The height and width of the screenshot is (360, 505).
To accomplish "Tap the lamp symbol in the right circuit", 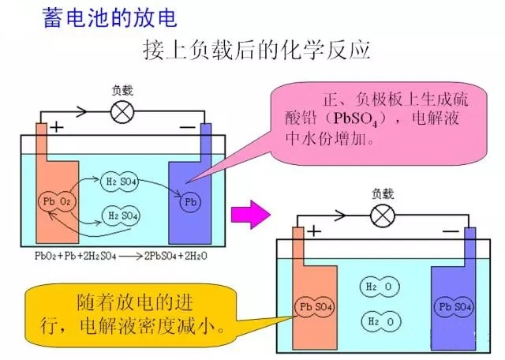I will pyautogui.click(x=383, y=214).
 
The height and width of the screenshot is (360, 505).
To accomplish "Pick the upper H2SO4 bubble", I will pyautogui.click(x=122, y=183).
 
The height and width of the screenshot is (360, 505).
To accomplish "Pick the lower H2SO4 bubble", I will pyautogui.click(x=122, y=214).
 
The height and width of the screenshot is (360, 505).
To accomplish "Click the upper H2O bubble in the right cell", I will pyautogui.click(x=376, y=288).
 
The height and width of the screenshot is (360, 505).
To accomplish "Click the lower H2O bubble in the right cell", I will pyautogui.click(x=376, y=321).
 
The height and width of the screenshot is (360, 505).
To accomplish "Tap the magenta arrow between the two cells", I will pyautogui.click(x=246, y=212).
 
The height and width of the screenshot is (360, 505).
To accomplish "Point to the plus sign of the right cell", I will pyautogui.click(x=313, y=231).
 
